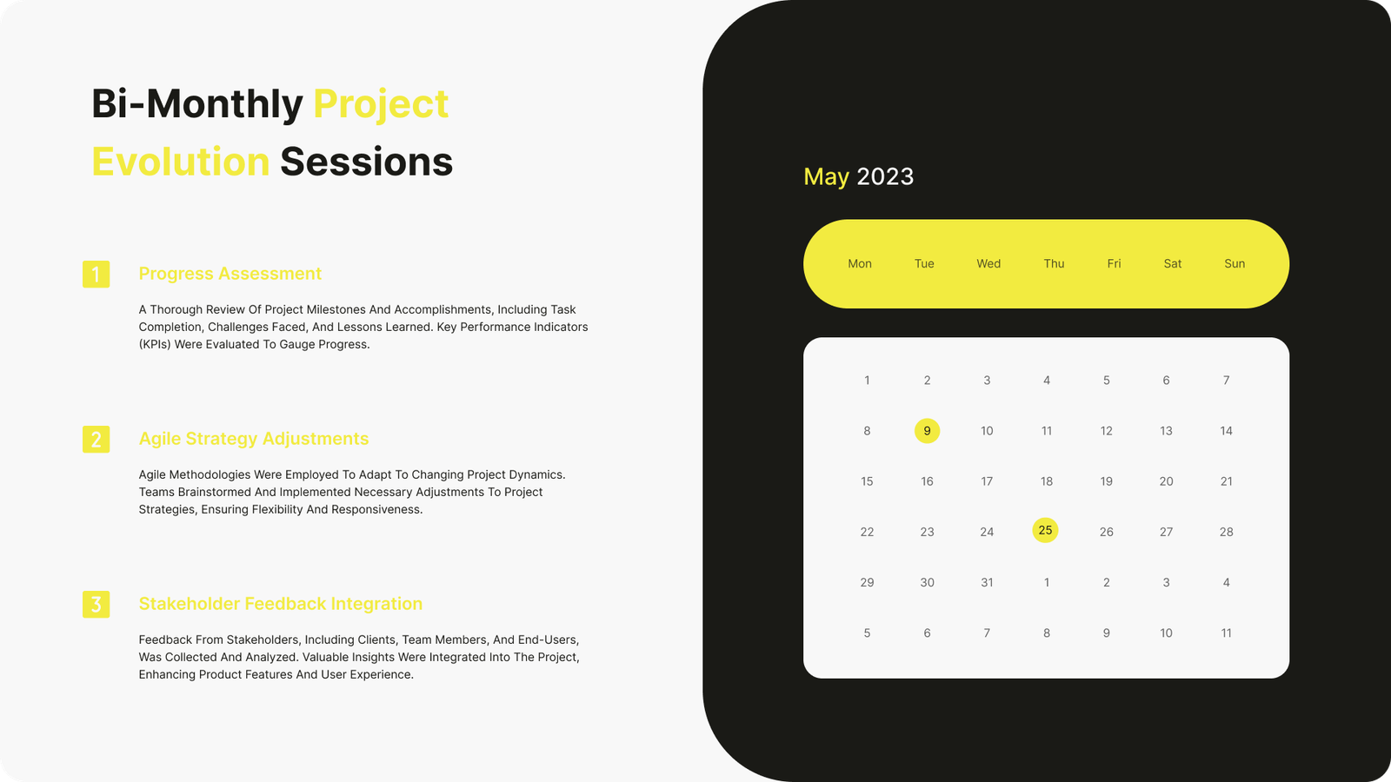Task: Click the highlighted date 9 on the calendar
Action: tap(927, 431)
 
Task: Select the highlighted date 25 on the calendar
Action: tap(1045, 530)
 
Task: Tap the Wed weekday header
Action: tap(988, 264)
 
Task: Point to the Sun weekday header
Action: tap(1235, 264)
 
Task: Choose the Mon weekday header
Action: tap(860, 264)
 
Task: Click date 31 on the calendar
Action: tap(987, 582)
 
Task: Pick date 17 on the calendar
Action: tap(987, 481)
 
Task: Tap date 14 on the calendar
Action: tap(1226, 431)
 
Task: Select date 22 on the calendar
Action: tap(867, 532)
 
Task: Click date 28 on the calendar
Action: tap(1226, 532)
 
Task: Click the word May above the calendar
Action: tap(826, 177)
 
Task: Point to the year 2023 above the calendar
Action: tap(885, 176)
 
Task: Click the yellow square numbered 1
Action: tap(97, 275)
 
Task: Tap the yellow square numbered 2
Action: tap(97, 440)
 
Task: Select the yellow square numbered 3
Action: tap(97, 605)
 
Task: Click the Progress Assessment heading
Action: tap(230, 274)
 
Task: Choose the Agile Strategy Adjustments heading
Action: tap(253, 439)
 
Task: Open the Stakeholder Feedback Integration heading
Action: tap(280, 604)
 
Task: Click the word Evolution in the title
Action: tap(180, 162)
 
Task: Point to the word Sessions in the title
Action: tap(366, 162)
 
